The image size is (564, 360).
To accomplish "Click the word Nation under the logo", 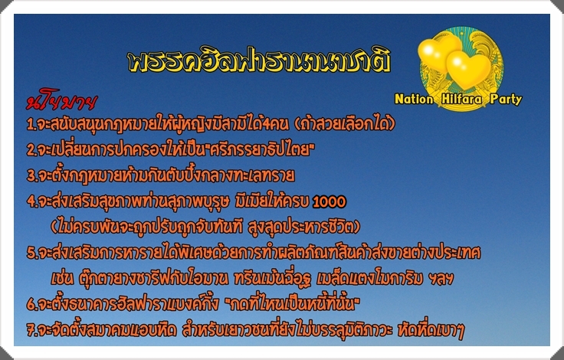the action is click(414, 99).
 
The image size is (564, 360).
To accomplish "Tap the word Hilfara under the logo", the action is click(461, 99).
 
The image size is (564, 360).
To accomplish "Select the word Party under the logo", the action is click(506, 100).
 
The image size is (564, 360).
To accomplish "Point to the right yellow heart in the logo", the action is click(468, 69).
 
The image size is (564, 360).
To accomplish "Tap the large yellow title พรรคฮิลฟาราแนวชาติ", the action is click(259, 61).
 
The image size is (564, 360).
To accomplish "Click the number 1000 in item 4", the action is click(330, 201).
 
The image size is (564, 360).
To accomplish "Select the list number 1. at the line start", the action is click(31, 125).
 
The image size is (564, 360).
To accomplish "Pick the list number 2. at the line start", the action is click(32, 151).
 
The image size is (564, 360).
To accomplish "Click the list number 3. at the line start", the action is click(32, 176).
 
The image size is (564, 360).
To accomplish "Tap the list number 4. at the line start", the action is click(32, 201).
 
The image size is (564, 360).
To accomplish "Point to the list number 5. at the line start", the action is click(32, 253).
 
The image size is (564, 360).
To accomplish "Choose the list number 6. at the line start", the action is click(32, 305).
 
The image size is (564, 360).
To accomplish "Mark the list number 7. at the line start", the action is click(32, 330).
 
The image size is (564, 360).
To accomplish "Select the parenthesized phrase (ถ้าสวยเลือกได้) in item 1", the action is click(345, 124).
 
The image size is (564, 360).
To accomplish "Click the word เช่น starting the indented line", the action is click(62, 278).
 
